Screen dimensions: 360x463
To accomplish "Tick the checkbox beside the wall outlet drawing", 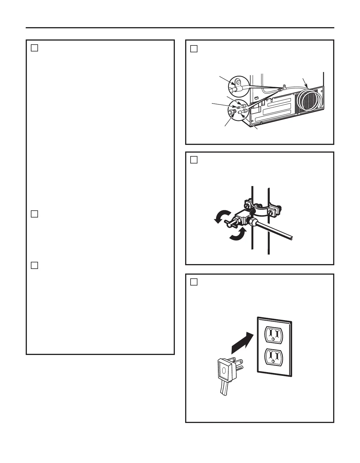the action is [194, 282].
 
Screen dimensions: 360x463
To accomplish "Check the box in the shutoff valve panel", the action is [194, 160].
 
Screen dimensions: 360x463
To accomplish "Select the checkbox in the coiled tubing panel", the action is [194, 49].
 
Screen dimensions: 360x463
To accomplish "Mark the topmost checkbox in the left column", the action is [34, 48].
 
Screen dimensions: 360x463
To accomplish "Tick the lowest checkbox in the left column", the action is [34, 265].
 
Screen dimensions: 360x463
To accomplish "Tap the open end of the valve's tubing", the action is [291, 238].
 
